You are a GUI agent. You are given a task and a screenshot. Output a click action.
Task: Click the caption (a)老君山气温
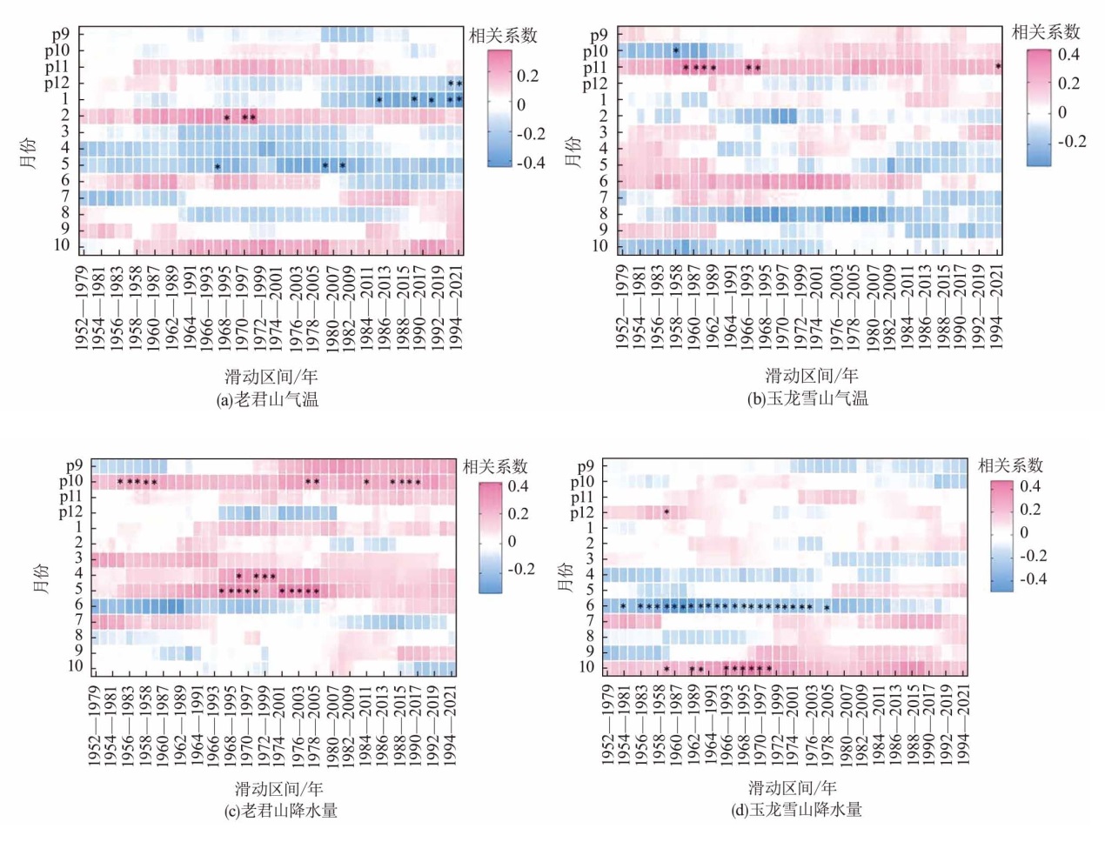(x=268, y=399)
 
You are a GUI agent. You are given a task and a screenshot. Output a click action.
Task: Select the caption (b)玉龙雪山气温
(x=807, y=398)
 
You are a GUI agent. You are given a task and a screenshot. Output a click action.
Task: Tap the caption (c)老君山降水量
(x=281, y=811)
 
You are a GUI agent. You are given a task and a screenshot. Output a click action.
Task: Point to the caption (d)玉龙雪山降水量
(x=796, y=810)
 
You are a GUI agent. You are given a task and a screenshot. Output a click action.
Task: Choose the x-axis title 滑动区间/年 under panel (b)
(x=811, y=376)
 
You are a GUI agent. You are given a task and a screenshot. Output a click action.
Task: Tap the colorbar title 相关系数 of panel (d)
(x=1010, y=465)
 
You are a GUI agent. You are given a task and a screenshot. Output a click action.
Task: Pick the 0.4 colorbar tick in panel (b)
(x=1068, y=55)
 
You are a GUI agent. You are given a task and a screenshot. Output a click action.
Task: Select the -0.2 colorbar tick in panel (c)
(x=520, y=569)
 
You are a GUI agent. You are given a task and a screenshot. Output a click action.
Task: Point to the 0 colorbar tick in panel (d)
(x=1023, y=532)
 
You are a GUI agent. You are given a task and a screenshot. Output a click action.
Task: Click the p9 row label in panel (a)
(x=60, y=34)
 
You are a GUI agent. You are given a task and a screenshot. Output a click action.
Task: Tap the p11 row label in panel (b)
(x=595, y=67)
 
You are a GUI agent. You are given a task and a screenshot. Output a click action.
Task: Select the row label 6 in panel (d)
(x=589, y=605)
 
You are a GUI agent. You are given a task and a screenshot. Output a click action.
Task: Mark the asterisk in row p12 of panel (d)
(x=666, y=512)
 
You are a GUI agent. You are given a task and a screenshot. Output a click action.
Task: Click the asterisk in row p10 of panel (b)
(x=675, y=50)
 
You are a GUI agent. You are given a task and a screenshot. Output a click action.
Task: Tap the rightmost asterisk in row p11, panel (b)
(x=998, y=67)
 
